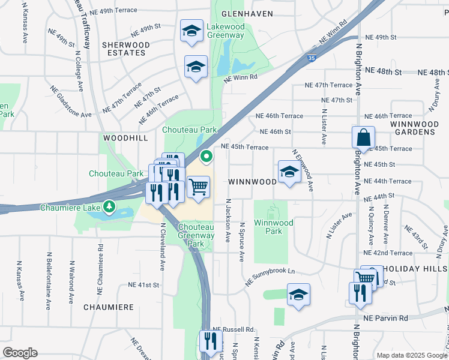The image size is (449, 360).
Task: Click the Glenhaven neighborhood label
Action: (x=247, y=13)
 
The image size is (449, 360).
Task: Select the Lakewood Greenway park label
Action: (x=225, y=31)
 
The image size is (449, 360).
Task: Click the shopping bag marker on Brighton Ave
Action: (x=363, y=137)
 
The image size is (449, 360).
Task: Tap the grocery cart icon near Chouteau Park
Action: (x=198, y=187)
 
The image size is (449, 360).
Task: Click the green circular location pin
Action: (x=206, y=157)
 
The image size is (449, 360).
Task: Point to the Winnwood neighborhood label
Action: (x=251, y=181)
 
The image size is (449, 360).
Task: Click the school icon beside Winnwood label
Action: (x=289, y=173)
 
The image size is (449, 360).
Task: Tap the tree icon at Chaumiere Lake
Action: (x=109, y=207)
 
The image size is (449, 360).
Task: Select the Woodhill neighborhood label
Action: (x=125, y=138)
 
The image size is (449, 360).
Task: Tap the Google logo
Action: (x=20, y=353)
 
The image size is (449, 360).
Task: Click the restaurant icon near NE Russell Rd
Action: (x=210, y=341)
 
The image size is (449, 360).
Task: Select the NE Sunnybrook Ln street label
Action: (x=271, y=276)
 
